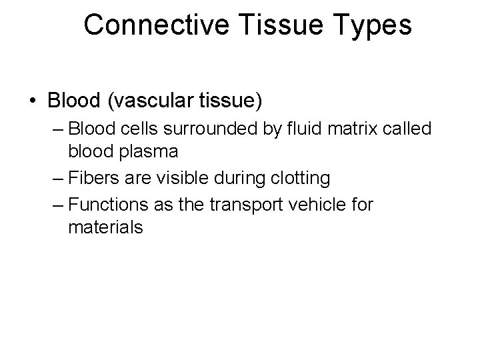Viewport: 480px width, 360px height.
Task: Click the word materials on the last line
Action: tap(105, 227)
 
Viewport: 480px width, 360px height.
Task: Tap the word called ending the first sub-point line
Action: tap(408, 129)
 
